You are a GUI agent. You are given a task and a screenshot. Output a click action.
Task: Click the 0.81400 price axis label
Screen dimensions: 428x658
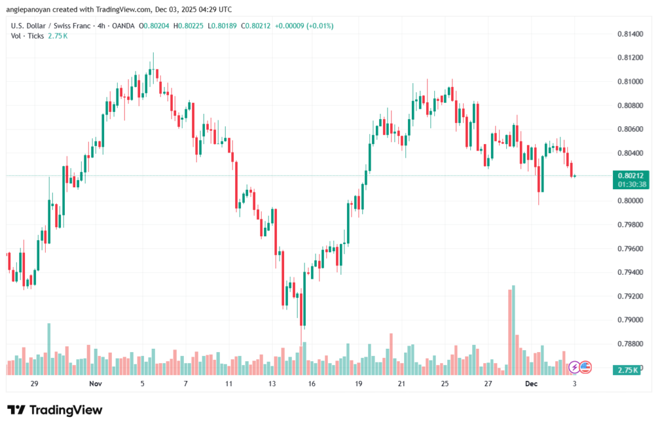point(629,33)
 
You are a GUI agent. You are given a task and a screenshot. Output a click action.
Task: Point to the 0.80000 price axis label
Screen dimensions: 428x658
point(629,201)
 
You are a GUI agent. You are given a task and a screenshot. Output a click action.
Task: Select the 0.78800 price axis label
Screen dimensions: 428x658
point(629,344)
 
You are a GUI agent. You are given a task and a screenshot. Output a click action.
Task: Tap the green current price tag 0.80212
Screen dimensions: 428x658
point(629,175)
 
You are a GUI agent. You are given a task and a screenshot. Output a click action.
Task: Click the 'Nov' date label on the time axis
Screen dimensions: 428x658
point(95,384)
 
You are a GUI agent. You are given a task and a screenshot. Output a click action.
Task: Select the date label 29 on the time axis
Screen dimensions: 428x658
point(35,384)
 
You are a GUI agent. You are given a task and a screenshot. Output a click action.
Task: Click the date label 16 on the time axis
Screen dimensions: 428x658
point(312,384)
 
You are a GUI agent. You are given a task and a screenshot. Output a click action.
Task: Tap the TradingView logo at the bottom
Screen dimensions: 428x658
point(55,410)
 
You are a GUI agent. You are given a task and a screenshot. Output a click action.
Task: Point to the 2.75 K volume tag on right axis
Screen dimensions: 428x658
point(627,370)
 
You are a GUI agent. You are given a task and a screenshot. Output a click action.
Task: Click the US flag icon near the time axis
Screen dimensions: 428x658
point(585,367)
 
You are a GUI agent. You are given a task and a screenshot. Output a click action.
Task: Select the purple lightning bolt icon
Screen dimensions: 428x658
point(574,367)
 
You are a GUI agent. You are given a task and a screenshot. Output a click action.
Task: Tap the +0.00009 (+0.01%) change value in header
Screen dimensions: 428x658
point(304,26)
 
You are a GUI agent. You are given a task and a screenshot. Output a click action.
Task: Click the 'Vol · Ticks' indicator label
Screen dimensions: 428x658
point(27,36)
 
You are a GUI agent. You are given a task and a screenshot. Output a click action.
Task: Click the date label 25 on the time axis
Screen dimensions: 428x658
point(445,384)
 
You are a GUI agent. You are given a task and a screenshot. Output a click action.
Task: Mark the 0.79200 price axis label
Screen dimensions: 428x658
point(629,296)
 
